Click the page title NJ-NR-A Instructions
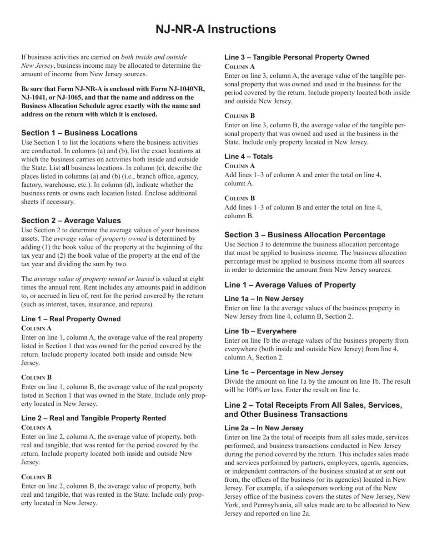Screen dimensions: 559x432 [x=216, y=30]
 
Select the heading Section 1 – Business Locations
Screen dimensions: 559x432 [x=79, y=133]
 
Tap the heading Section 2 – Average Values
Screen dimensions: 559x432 [x=71, y=220]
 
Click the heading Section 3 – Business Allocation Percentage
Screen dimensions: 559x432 [x=305, y=235]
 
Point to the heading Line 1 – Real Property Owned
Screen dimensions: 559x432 [x=71, y=319]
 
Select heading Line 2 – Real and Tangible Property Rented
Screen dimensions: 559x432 [x=93, y=418]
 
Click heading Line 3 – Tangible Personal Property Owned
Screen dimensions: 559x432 [x=296, y=57]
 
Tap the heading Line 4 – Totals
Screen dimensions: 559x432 [x=248, y=156]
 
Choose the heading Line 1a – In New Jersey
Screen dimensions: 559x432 [x=264, y=299]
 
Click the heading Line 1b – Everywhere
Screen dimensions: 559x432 [x=260, y=331]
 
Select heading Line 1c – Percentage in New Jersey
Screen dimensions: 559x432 [x=284, y=372]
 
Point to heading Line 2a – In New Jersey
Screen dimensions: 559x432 [x=264, y=428]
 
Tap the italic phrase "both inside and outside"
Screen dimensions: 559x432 [x=154, y=57]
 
